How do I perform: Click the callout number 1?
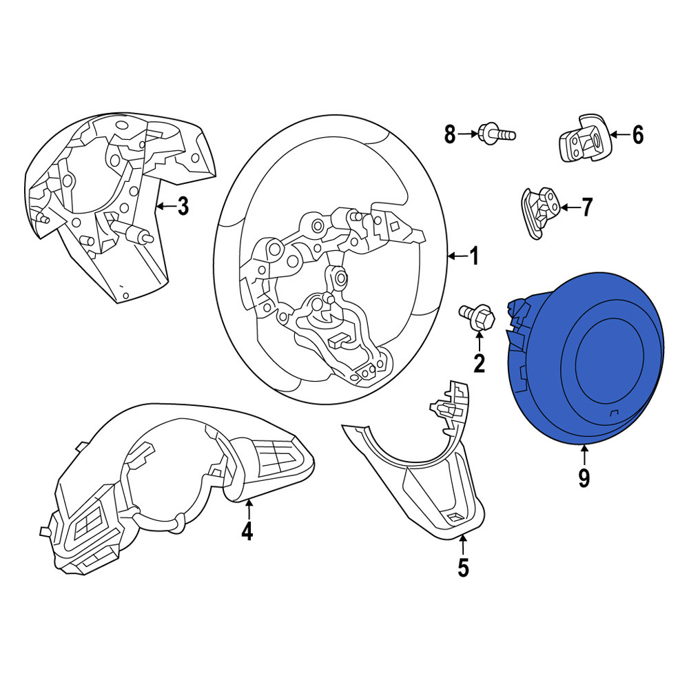[x=474, y=256]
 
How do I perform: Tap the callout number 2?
[x=479, y=363]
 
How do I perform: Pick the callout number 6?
[x=637, y=134]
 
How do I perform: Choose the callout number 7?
[x=587, y=207]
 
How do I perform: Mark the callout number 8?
[x=449, y=134]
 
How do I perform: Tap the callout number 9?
[x=584, y=477]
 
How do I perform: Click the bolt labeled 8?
[x=496, y=133]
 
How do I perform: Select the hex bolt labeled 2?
[x=477, y=317]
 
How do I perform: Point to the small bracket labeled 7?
[x=539, y=213]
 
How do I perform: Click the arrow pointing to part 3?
[x=166, y=205]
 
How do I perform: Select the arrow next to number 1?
[x=457, y=256]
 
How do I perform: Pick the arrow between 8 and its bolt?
[x=468, y=134]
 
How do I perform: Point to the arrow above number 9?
[x=584, y=455]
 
